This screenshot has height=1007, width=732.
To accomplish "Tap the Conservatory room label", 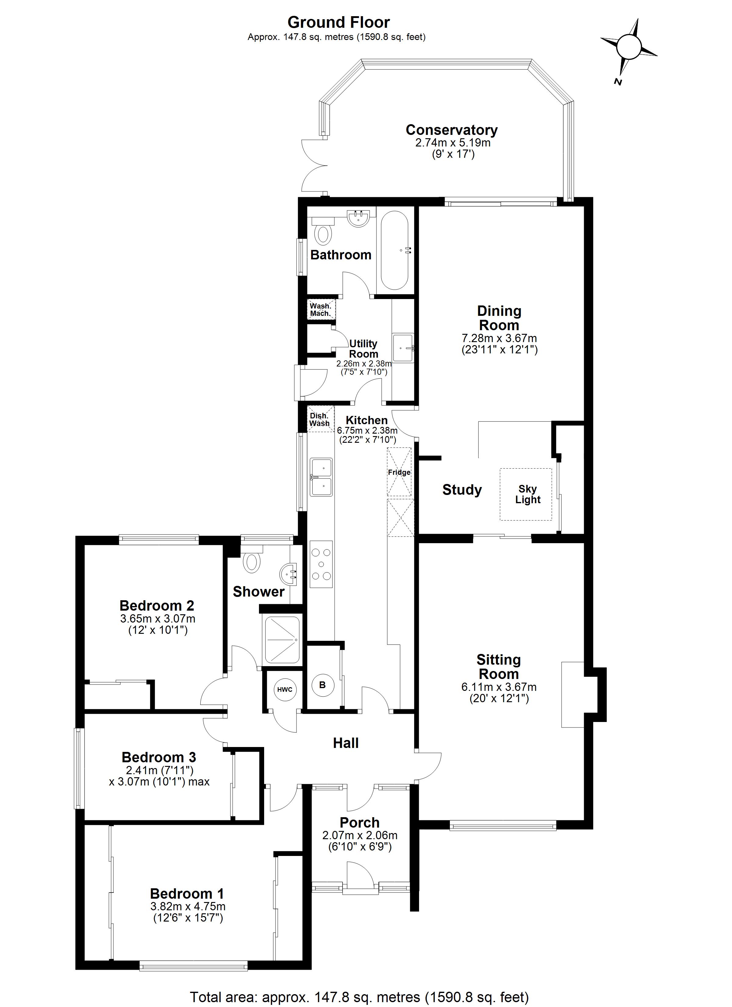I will pyautogui.click(x=451, y=130).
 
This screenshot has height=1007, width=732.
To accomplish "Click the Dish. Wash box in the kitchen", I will pyautogui.click(x=320, y=420).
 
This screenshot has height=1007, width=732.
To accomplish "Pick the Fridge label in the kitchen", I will pyautogui.click(x=399, y=472).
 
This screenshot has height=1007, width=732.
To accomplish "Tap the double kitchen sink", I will pyautogui.click(x=321, y=477).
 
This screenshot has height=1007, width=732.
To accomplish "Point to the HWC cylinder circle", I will pyautogui.click(x=285, y=690).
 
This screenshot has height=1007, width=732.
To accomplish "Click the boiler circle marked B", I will pyautogui.click(x=322, y=685).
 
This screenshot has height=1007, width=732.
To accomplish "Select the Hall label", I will pyautogui.click(x=346, y=743).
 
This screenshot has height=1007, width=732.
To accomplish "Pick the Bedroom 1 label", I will pyautogui.click(x=187, y=893).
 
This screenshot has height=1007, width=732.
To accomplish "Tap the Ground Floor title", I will pyautogui.click(x=338, y=22).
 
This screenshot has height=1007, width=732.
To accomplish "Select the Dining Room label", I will pyautogui.click(x=499, y=318).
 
